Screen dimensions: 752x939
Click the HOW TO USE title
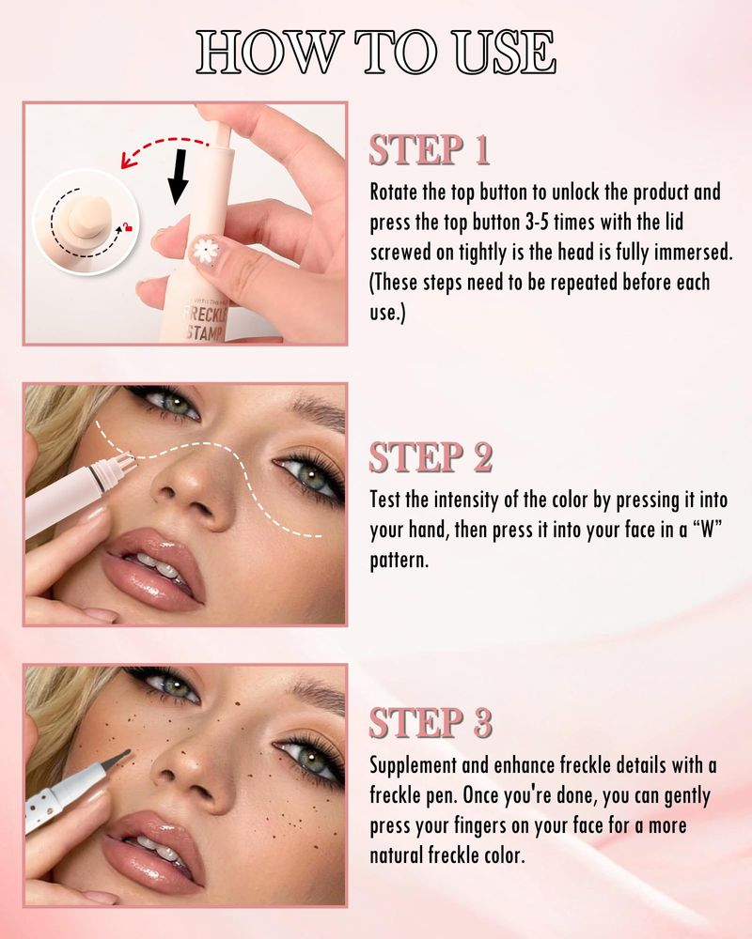click(376, 53)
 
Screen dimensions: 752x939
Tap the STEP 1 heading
click(430, 149)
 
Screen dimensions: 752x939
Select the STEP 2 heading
click(431, 457)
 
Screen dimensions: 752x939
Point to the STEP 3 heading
click(431, 722)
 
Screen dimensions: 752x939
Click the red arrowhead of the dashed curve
click(127, 161)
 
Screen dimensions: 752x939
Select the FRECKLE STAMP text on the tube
click(205, 323)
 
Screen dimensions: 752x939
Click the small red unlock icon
click(127, 226)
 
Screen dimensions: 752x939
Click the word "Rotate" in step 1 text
click(394, 192)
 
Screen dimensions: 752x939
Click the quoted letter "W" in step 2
click(708, 530)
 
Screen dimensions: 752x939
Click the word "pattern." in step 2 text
click(399, 561)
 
